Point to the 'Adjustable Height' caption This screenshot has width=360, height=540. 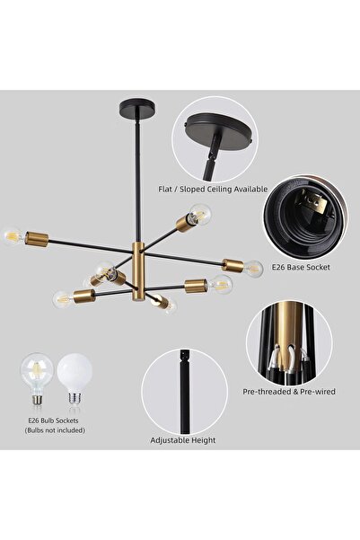point(184,441)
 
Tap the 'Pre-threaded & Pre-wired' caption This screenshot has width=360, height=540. point(289,392)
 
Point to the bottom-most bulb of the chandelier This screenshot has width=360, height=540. point(166,306)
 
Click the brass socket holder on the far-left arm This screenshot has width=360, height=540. point(35,240)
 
